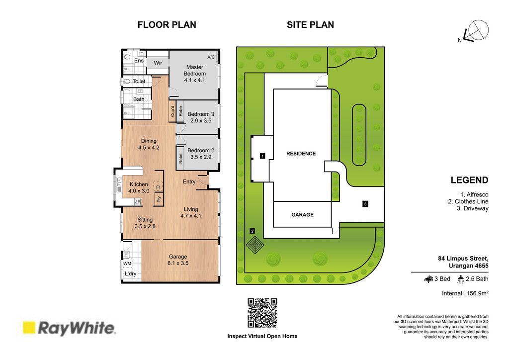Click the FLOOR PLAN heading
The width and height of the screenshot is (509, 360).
(167, 25)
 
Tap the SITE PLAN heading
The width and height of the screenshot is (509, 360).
(310, 25)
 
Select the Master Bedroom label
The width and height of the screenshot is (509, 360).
(194, 70)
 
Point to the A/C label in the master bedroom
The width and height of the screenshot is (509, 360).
(211, 57)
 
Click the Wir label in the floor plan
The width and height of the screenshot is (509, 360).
(158, 63)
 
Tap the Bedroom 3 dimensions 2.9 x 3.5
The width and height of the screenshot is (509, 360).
(201, 121)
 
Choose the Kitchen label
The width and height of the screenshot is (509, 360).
(139, 184)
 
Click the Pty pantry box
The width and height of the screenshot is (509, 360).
(159, 199)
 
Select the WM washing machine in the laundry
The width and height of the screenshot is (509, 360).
(127, 263)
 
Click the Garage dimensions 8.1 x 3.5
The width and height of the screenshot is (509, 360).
(178, 263)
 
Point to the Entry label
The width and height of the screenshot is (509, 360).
(189, 182)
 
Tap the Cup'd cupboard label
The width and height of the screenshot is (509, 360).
(172, 111)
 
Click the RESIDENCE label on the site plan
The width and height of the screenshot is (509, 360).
(301, 154)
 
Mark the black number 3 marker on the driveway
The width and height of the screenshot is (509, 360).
(365, 204)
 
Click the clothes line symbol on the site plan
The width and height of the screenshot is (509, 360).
(255, 244)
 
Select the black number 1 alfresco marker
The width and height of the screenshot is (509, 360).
(262, 156)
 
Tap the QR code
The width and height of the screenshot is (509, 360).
(262, 313)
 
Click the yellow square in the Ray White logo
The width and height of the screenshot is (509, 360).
(29, 328)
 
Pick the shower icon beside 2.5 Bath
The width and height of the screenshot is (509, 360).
(461, 279)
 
